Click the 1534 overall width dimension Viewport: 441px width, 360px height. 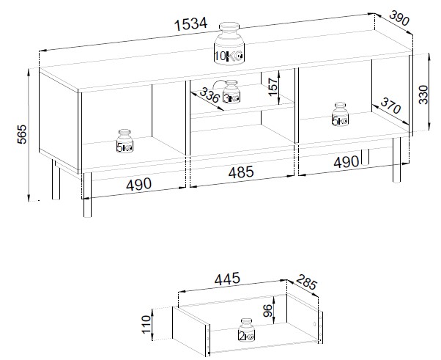pyautogui.click(x=191, y=24)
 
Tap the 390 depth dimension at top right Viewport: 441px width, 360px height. pyautogui.click(x=399, y=18)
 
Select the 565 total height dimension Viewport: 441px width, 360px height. pyautogui.click(x=22, y=134)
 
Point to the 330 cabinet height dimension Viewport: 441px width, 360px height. pyautogui.click(x=423, y=95)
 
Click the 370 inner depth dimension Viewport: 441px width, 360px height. pyautogui.click(x=390, y=106)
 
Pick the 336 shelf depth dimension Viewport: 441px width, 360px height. pyautogui.click(x=210, y=95)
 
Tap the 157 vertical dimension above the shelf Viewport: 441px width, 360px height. pyautogui.click(x=273, y=87)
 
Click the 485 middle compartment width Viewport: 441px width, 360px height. pyautogui.click(x=241, y=172)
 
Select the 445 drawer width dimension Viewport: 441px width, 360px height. pyautogui.click(x=227, y=279)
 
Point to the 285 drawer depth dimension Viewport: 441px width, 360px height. pyautogui.click(x=306, y=282)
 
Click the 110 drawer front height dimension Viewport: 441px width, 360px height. pyautogui.click(x=147, y=324)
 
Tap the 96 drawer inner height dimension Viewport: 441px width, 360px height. pyautogui.click(x=269, y=310)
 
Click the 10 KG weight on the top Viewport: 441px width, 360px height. pyautogui.click(x=229, y=44)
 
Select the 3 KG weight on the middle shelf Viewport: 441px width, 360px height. pyautogui.click(x=231, y=92)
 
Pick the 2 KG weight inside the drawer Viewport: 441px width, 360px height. pyautogui.click(x=246, y=331)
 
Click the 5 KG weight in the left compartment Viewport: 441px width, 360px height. pyautogui.click(x=125, y=141)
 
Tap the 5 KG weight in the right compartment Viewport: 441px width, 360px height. pyautogui.click(x=340, y=114)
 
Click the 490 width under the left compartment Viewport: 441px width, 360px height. pyautogui.click(x=138, y=185)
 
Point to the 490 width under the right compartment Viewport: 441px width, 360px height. pyautogui.click(x=346, y=162)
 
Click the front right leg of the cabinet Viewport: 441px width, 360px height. pyautogui.click(x=396, y=160)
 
